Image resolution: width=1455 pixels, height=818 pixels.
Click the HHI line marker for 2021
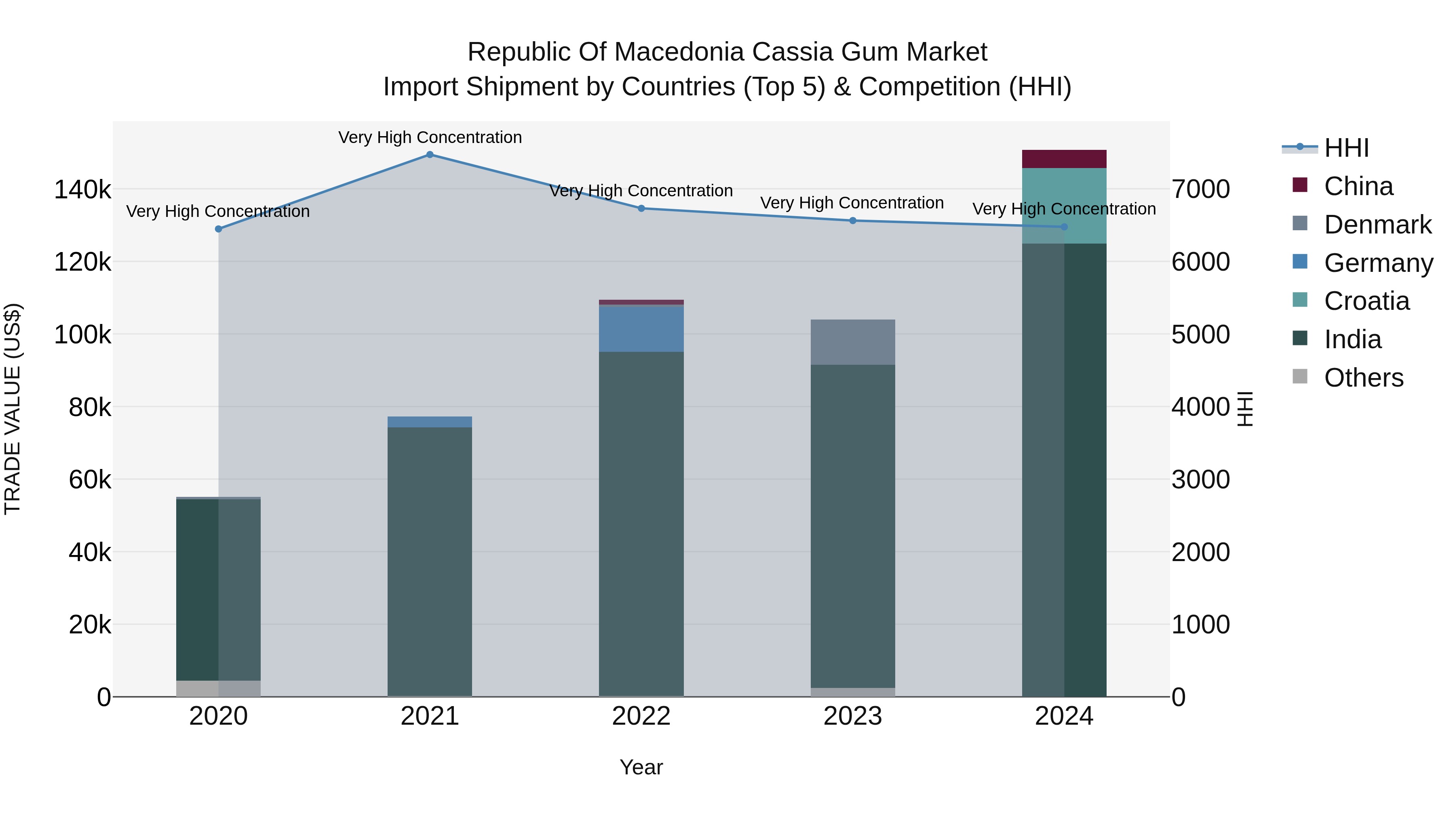pyautogui.click(x=430, y=155)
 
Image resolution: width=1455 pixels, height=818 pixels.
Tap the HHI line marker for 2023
pyautogui.click(x=853, y=221)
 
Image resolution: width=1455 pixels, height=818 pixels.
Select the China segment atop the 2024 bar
pyautogui.click(x=1064, y=159)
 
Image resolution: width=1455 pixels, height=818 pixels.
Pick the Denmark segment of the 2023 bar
pyautogui.click(x=853, y=342)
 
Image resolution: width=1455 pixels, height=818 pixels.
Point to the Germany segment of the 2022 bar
pyautogui.click(x=641, y=328)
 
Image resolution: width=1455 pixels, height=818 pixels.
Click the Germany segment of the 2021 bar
pyautogui.click(x=430, y=422)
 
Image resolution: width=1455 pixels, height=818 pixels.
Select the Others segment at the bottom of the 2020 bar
pyautogui.click(x=219, y=689)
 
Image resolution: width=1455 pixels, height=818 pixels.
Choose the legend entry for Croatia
pyautogui.click(x=1366, y=301)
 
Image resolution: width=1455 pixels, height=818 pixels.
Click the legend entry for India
pyautogui.click(x=1352, y=339)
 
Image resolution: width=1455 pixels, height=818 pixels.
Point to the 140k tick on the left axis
pyautogui.click(x=83, y=190)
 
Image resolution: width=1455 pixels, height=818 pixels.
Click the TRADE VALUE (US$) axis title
pyautogui.click(x=13, y=409)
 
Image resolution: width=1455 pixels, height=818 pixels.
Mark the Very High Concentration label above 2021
pyautogui.click(x=430, y=137)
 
